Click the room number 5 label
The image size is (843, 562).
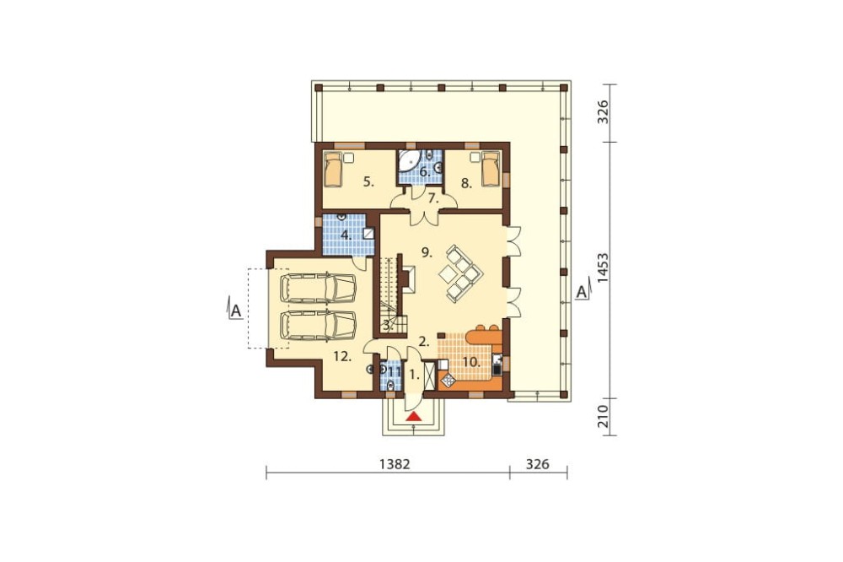368,181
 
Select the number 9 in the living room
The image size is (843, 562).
427,251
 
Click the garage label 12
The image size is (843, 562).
341,357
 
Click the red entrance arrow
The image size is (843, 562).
413,415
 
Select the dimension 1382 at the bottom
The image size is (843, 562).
389,464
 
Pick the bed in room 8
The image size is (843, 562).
491,172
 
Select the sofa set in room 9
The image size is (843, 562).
459,273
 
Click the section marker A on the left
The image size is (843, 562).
236,311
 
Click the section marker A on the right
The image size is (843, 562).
580,293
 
